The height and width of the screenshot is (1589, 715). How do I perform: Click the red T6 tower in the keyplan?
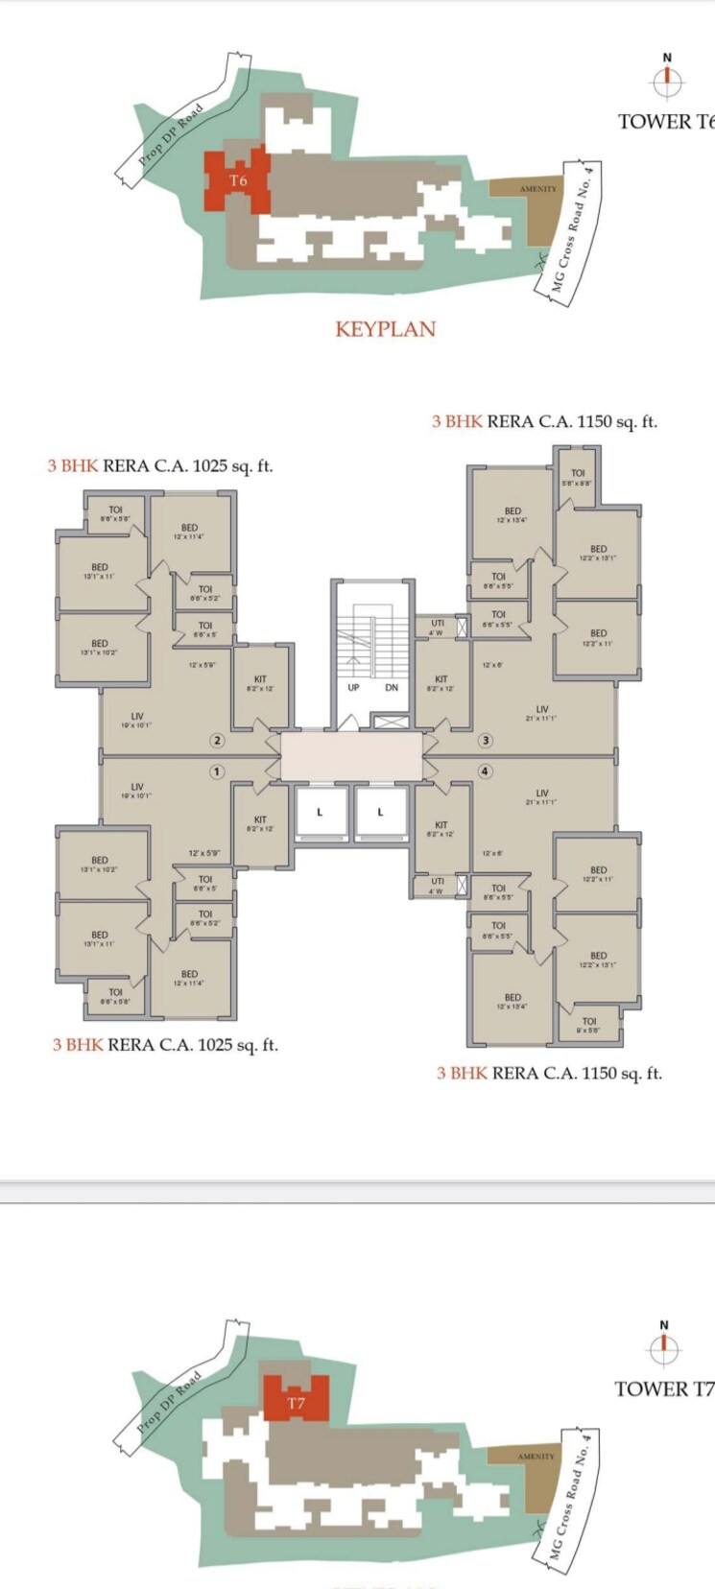point(237,179)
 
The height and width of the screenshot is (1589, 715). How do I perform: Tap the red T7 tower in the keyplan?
point(296,1402)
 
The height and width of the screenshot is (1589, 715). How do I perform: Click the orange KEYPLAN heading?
point(385,328)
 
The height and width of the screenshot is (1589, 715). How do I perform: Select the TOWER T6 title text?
point(665,121)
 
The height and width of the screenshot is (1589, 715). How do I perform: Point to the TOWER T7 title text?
point(663,1388)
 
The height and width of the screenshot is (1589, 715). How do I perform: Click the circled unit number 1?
point(217,771)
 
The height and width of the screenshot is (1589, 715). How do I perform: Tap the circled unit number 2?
point(218,740)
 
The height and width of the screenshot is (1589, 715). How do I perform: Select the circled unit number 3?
point(486,740)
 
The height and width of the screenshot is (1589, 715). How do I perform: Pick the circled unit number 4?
point(486,771)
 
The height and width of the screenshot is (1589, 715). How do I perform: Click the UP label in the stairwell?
point(353,687)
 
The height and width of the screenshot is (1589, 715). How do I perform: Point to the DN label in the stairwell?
point(392,687)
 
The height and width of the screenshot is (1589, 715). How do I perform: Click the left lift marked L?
point(320,813)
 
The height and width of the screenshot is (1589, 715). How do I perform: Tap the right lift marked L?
point(380,813)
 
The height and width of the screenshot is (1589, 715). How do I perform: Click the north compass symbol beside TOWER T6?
point(667,82)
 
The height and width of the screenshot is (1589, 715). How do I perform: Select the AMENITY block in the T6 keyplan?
point(537,189)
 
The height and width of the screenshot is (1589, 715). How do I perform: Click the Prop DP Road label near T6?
point(172,135)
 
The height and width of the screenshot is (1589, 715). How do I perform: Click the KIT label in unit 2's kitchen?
point(260,679)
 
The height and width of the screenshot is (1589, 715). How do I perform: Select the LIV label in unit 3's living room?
point(542,709)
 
